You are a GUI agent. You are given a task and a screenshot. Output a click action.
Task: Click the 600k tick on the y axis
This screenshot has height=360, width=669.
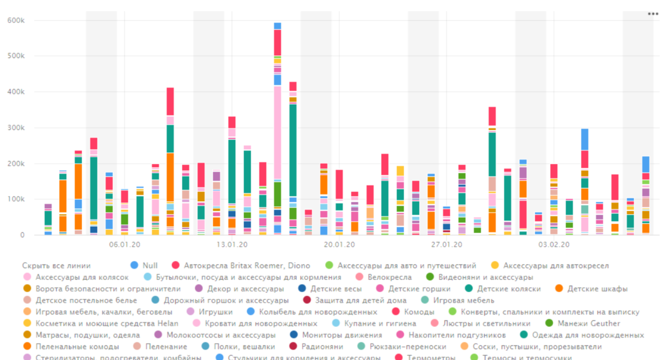coord(16,20)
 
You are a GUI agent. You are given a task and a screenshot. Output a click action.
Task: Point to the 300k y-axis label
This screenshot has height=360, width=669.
coord(16,128)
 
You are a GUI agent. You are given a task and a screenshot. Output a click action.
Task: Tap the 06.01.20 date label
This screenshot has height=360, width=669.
coord(125,244)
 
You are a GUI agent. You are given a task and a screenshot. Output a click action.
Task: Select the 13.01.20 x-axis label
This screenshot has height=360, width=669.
coord(232,244)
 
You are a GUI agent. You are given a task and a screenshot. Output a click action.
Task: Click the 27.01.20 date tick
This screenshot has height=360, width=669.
coord(446,244)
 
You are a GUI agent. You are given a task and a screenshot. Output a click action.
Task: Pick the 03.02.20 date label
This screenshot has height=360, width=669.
coord(554,244)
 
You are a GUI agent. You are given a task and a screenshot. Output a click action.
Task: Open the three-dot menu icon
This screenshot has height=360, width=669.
coord(653,14)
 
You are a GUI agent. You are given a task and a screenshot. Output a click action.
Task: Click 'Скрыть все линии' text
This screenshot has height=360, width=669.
coord(56,266)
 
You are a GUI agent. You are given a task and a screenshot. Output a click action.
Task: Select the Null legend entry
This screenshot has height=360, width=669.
coord(150,266)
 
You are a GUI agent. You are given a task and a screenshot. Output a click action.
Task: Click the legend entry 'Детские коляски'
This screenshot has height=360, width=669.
coord(509,289)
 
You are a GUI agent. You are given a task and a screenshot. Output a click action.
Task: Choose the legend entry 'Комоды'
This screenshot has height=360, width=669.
coord(419,312)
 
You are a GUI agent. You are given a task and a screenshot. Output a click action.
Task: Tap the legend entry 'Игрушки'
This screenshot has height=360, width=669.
coord(215,312)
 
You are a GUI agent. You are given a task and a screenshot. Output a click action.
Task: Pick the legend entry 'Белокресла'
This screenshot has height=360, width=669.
coord(389,277)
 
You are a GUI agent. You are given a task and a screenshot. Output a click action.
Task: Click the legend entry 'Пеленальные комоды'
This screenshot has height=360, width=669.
coord(77,346)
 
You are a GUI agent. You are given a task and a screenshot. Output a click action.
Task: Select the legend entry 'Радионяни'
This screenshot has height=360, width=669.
coord(322,346)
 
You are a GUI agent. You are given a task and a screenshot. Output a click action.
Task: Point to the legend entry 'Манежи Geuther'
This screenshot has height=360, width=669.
coord(588,323)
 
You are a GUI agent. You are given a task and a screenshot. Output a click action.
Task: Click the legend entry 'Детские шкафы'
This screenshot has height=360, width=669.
coord(597,289)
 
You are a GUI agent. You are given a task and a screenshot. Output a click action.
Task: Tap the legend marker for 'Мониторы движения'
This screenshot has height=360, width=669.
coord(294,335)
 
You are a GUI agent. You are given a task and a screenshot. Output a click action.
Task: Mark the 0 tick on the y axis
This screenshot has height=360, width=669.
coord(22,235)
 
